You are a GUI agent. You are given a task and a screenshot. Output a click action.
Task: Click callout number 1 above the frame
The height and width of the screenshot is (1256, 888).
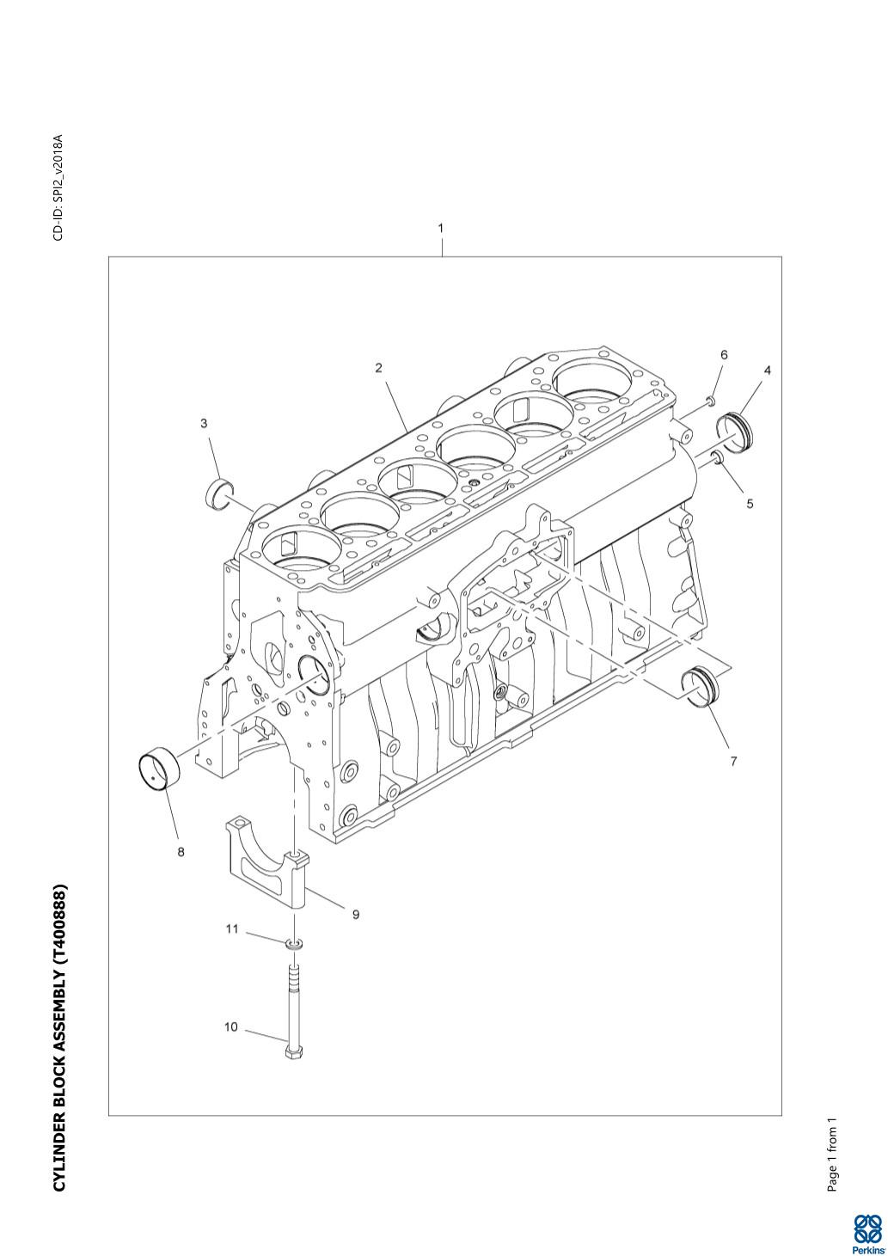[x=441, y=228]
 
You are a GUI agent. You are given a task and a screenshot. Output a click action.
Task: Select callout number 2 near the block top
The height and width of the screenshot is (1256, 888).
[x=379, y=368]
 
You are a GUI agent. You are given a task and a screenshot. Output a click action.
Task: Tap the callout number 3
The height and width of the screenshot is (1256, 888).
[x=204, y=423]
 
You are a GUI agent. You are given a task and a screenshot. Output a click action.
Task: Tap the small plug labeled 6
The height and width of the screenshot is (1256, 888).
[x=710, y=401]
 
